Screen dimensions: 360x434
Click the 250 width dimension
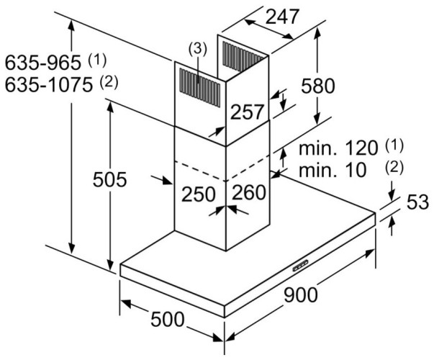(x=198, y=194)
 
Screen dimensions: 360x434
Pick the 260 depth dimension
(x=250, y=194)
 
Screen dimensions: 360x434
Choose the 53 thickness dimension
(x=414, y=204)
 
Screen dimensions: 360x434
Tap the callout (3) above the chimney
(x=197, y=49)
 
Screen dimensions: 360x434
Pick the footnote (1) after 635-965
(x=96, y=58)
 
